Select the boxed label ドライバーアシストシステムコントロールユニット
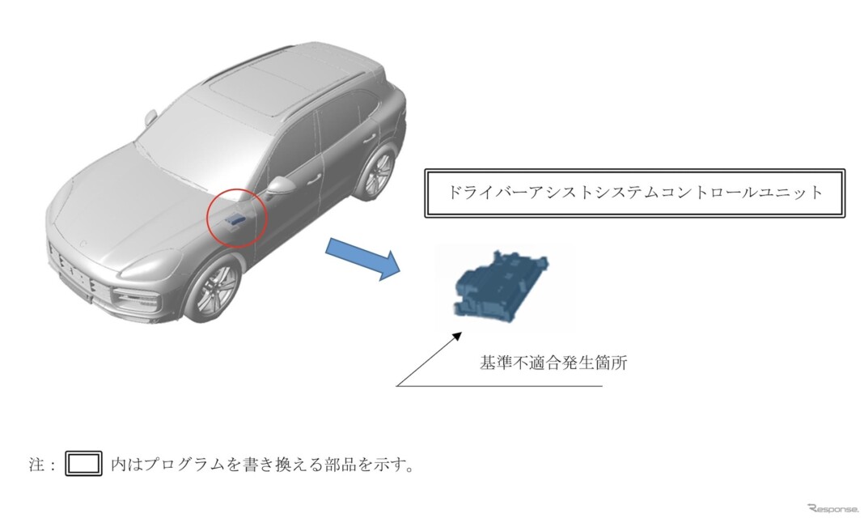[x=634, y=193]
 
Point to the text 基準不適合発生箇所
[x=553, y=363]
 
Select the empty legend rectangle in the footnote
[x=83, y=464]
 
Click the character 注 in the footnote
[x=36, y=465]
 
